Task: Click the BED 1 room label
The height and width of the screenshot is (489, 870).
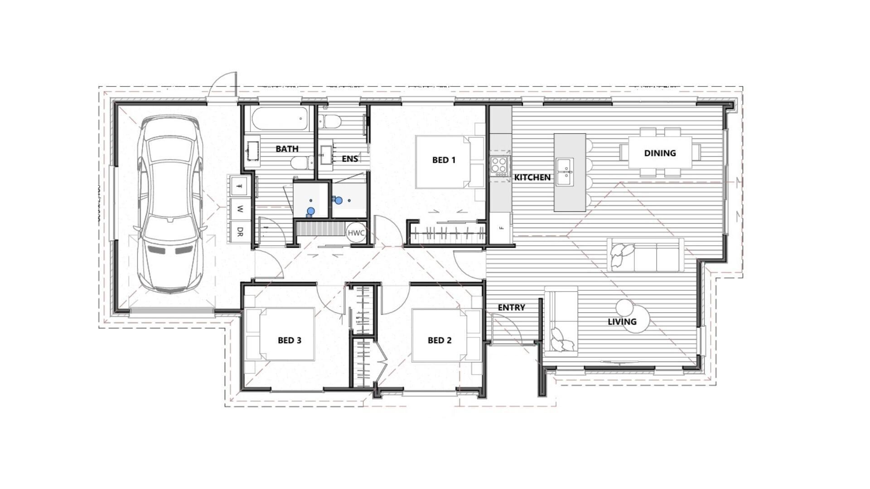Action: click(444, 160)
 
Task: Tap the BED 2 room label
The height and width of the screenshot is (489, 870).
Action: click(439, 340)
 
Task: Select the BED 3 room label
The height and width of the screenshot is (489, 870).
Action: click(289, 340)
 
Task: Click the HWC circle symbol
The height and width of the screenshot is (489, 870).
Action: click(356, 233)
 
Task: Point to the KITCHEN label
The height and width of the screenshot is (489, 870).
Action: click(532, 177)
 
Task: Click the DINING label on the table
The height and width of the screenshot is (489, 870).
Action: click(660, 153)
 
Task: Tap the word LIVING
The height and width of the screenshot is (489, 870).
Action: click(622, 322)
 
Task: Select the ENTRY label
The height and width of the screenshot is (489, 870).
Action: click(511, 307)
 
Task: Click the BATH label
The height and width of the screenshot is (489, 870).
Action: click(287, 149)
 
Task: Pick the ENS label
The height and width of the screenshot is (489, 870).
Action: click(349, 158)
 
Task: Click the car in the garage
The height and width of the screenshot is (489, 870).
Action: click(170, 204)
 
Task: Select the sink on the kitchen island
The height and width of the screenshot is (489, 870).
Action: click(565, 172)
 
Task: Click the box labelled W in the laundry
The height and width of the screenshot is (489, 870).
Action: click(240, 209)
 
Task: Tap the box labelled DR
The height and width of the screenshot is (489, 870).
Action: click(240, 232)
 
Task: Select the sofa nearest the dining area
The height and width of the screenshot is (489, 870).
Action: click(645, 255)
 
